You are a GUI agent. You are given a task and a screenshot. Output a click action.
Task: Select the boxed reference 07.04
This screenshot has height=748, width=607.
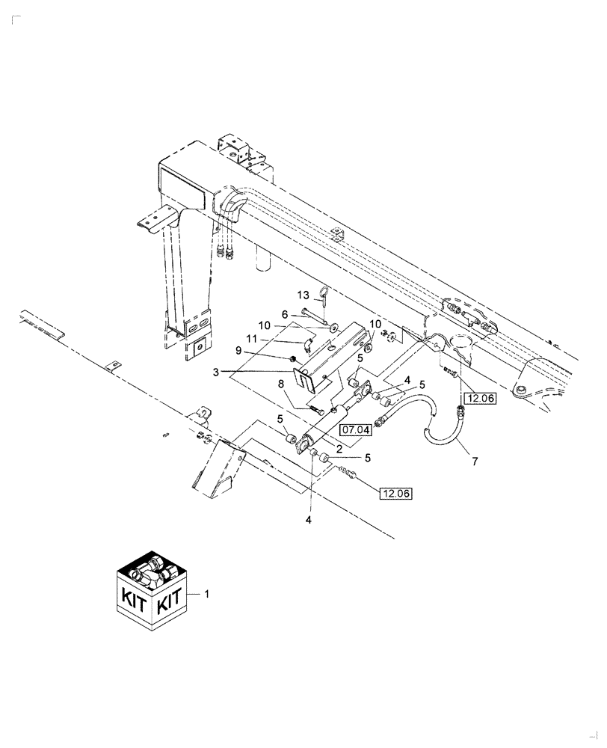(x=355, y=430)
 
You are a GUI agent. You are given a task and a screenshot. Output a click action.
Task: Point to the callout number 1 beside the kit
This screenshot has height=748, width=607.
(x=207, y=593)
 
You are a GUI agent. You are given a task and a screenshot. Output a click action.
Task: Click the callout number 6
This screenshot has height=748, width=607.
(x=285, y=314)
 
